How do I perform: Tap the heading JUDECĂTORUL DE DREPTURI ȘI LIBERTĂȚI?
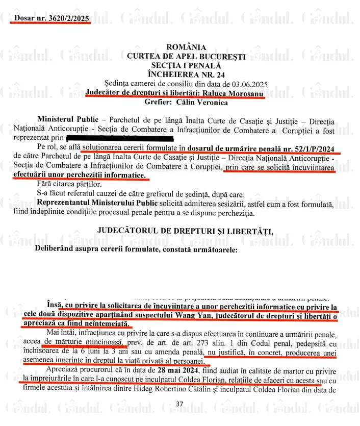tap(185, 231)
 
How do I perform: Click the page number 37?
tap(179, 404)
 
